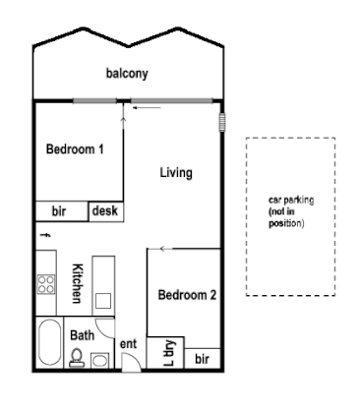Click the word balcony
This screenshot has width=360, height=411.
(128, 74)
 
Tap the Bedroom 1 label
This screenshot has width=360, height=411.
(75, 149)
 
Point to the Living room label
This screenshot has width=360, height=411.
(175, 173)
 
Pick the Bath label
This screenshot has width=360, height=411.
(82, 334)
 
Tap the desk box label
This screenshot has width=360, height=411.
(105, 210)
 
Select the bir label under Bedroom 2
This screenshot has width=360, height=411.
(202, 360)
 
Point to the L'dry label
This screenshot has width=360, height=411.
(168, 353)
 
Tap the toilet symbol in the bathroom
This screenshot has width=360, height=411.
(76, 359)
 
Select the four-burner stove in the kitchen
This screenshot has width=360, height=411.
(45, 286)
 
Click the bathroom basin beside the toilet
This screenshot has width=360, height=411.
(98, 360)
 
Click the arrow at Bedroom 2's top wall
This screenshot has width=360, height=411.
(165, 249)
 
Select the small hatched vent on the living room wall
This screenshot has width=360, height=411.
(221, 123)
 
